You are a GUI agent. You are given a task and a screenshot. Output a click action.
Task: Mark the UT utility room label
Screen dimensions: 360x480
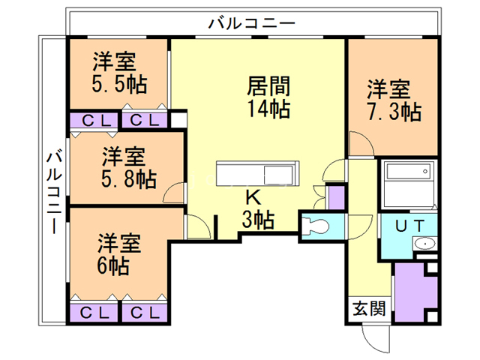(412, 224)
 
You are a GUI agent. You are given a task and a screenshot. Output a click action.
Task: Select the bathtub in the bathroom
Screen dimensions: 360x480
(409, 180)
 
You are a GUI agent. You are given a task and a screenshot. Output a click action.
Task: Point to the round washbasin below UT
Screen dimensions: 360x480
(424, 244)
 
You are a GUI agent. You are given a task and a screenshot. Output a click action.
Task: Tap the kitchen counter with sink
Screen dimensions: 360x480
(257, 175)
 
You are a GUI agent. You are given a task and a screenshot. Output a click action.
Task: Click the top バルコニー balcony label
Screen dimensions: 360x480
(251, 23)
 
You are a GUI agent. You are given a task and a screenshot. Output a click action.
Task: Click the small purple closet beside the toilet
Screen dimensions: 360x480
(337, 196)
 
